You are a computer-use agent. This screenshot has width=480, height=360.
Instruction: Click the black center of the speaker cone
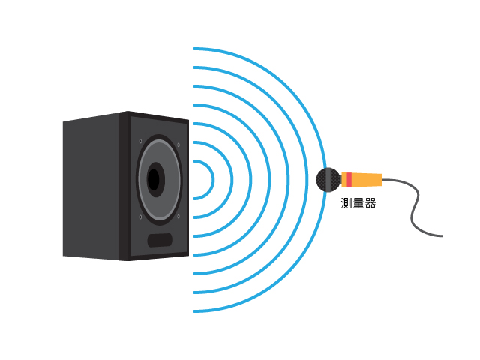coord(154,180)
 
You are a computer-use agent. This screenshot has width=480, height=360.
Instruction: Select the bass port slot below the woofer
coord(160,240)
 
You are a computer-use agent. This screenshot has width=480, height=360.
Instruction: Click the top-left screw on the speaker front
coord(140,141)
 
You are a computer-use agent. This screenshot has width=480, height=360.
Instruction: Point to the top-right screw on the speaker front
coord(178,145)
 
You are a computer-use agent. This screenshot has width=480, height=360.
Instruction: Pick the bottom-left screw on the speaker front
coord(140,217)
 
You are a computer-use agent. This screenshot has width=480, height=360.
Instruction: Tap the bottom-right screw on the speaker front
coord(178,217)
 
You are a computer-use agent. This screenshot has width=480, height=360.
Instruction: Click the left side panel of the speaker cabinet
coord(91,186)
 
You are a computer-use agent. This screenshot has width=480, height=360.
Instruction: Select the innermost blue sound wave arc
coord(213,180)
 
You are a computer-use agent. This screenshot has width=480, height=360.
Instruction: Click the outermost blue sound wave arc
coord(325,180)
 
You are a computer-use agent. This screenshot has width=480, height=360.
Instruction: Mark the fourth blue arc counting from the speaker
coord(269,180)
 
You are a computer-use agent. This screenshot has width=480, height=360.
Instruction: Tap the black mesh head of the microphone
coord(328,180)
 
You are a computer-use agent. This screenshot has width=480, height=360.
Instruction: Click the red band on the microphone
coord(349,180)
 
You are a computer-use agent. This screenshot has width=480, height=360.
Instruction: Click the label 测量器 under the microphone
coord(358,203)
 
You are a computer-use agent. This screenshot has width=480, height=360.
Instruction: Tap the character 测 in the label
coord(346,203)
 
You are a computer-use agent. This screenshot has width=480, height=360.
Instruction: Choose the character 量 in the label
coord(358,203)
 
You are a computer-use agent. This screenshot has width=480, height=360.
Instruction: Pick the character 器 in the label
coord(370,203)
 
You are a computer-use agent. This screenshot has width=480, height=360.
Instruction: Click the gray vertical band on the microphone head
coord(328,180)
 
